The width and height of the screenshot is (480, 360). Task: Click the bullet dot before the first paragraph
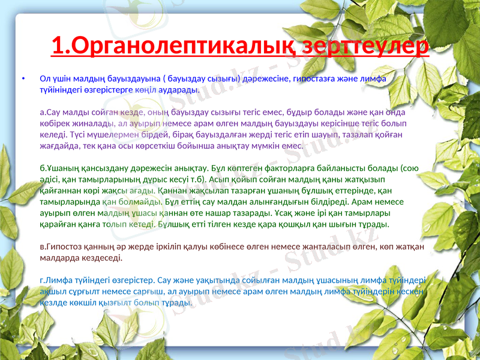(x=23, y=79)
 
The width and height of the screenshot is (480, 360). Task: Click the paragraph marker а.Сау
(x=50, y=112)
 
